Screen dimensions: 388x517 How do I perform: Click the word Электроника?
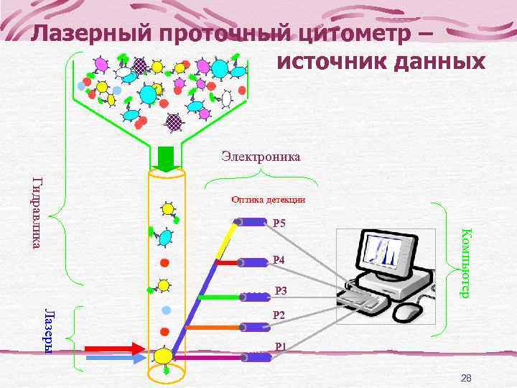pyautogui.click(x=261, y=155)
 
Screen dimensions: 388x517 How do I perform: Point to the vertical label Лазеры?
pyautogui.click(x=48, y=330)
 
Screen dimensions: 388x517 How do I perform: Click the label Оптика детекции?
pyautogui.click(x=268, y=199)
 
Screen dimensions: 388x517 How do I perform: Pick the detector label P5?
pyautogui.click(x=280, y=223)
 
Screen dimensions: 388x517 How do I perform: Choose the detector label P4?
pyautogui.click(x=280, y=259)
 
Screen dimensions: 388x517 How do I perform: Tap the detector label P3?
pyautogui.click(x=281, y=291)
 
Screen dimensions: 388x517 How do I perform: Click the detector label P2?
pyautogui.click(x=279, y=315)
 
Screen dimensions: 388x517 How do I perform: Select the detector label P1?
pyautogui.click(x=281, y=346)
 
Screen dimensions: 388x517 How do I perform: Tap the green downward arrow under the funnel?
pyautogui.click(x=166, y=159)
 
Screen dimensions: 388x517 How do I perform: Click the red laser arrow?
pyautogui.click(x=114, y=348)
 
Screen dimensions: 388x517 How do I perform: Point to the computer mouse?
pyautogui.click(x=408, y=312)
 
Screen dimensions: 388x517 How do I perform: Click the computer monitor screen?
pyautogui.click(x=388, y=251)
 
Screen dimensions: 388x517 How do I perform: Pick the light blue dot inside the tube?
pyautogui.click(x=166, y=310)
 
